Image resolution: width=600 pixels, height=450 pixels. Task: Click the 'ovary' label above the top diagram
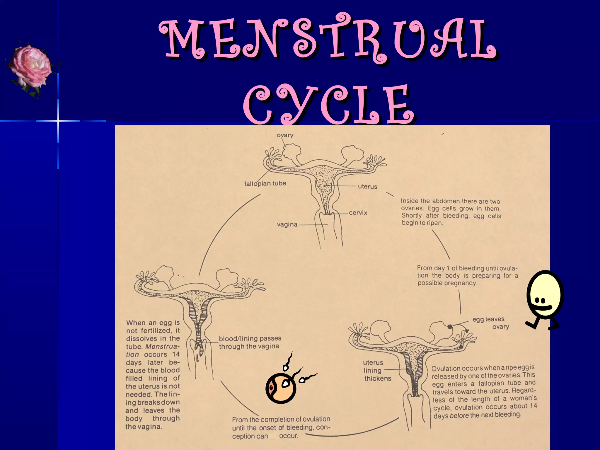pyautogui.click(x=285, y=135)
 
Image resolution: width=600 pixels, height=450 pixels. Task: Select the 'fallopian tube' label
pyautogui.click(x=265, y=184)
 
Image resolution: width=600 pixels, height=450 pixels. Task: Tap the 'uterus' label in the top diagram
pyautogui.click(x=367, y=186)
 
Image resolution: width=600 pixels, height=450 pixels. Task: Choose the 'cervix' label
pyautogui.click(x=358, y=213)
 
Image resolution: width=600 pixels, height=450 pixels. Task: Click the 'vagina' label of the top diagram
pyautogui.click(x=287, y=225)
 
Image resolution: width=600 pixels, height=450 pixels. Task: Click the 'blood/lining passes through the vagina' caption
pyautogui.click(x=250, y=342)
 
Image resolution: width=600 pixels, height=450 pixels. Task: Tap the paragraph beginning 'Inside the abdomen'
pyautogui.click(x=451, y=212)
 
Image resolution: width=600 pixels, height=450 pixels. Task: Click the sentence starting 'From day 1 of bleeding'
pyautogui.click(x=468, y=275)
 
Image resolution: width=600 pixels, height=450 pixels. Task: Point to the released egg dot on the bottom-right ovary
pyautogui.click(x=450, y=326)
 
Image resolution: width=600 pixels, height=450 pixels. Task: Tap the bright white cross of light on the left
pyautogui.click(x=58, y=121)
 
